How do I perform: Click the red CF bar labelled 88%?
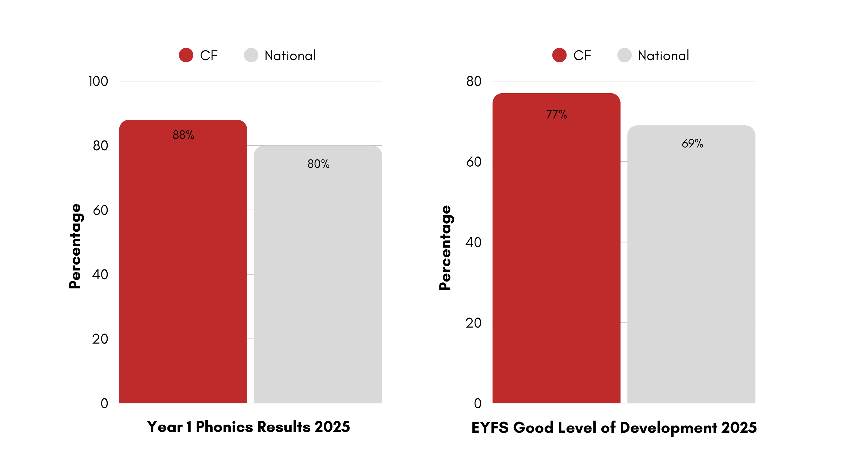tap(183, 262)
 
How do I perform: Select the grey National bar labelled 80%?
tap(318, 275)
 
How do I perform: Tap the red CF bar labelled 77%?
tap(556, 249)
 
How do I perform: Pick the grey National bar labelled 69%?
tap(691, 265)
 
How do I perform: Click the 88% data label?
tap(183, 135)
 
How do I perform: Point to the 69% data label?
tap(692, 143)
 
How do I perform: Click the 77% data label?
tap(556, 114)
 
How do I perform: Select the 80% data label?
tap(318, 164)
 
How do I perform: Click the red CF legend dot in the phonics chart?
tap(186, 55)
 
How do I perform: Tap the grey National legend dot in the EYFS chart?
tap(624, 55)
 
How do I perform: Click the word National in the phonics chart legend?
tap(290, 56)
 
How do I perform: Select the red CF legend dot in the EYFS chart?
tap(559, 55)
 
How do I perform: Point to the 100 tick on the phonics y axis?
tap(98, 81)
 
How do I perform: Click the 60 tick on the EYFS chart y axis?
tap(473, 162)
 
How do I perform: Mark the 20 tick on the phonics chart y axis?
tap(100, 339)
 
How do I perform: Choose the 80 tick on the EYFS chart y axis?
tap(473, 81)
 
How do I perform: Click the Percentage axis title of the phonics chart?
tap(75, 246)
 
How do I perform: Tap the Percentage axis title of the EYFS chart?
tap(445, 248)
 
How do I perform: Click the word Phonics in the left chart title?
tap(224, 427)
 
